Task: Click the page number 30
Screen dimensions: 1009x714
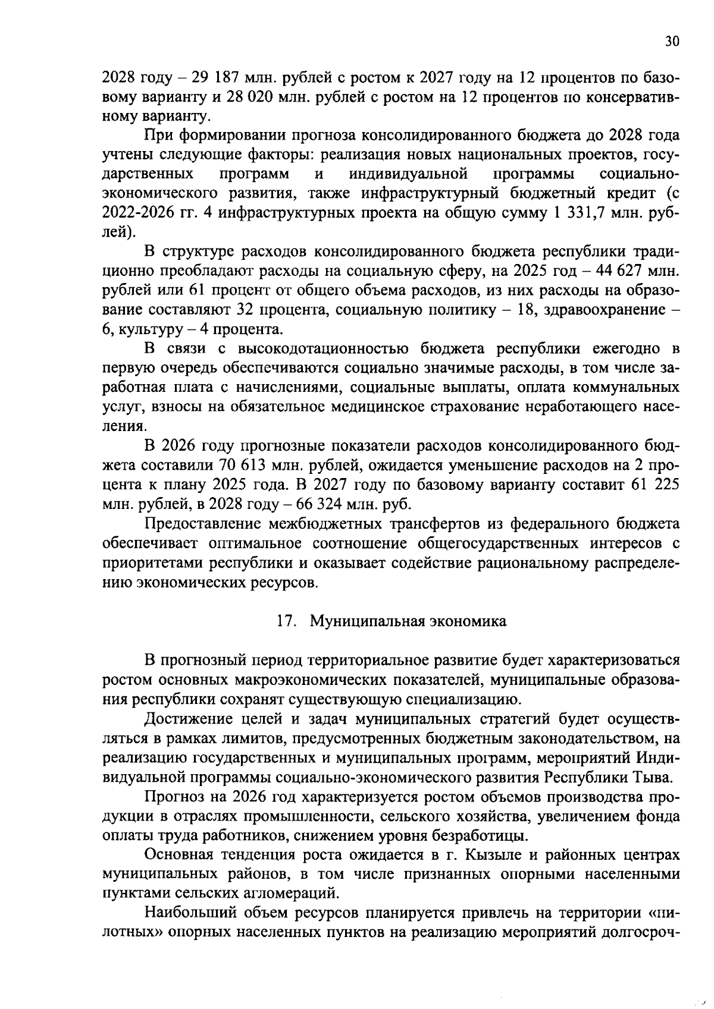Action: [672, 41]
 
